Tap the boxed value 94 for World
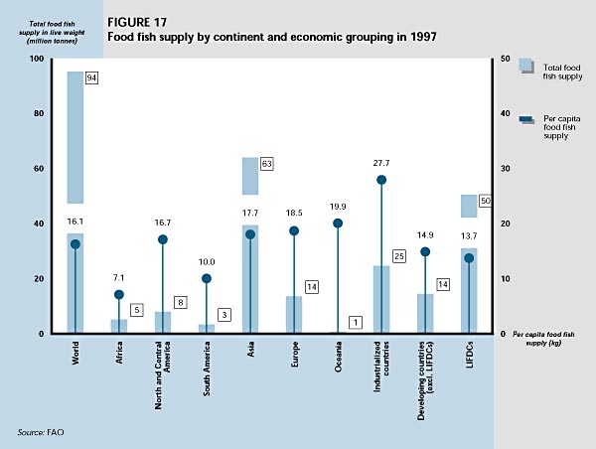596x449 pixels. (x=90, y=77)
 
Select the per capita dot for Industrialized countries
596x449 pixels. (x=381, y=180)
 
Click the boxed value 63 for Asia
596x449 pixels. (x=266, y=163)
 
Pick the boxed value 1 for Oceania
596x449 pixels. (x=356, y=322)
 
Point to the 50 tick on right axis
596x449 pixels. (x=505, y=60)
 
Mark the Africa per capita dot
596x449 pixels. (x=119, y=294)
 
